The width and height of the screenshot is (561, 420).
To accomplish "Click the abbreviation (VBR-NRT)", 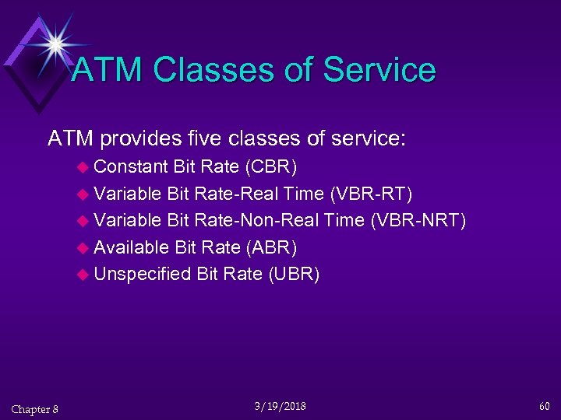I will [418, 220].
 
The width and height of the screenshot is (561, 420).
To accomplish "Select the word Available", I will [131, 247].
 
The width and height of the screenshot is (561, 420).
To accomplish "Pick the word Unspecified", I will [143, 274].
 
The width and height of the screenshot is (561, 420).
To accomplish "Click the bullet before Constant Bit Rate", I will [84, 167].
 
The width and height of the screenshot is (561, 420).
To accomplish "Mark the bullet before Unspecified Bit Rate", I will [84, 275].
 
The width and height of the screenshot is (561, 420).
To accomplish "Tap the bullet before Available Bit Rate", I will [84, 248].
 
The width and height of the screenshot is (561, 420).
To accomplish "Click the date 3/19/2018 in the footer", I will [280, 406].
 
